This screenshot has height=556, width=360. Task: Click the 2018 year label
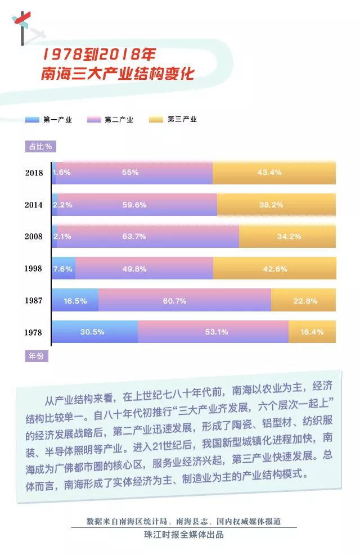[34, 173]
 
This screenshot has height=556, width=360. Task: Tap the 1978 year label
[33, 332]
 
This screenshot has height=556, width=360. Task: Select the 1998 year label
[33, 268]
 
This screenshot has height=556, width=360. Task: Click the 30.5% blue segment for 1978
[94, 332]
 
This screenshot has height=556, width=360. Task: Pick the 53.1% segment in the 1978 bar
[213, 332]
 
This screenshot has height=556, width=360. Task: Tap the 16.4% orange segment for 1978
[312, 332]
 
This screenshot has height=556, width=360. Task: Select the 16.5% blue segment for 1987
[75, 300]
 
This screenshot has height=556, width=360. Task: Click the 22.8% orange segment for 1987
[303, 300]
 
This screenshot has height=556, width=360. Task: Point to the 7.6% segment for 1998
[64, 268]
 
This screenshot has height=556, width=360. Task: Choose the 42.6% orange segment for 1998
[274, 268]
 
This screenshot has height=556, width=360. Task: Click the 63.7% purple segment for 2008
[147, 236]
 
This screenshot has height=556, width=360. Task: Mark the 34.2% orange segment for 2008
[287, 236]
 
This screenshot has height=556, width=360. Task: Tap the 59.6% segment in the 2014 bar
[137, 205]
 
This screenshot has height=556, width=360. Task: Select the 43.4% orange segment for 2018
[274, 173]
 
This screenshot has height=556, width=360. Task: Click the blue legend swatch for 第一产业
[32, 120]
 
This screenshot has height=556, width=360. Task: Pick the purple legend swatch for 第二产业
[94, 120]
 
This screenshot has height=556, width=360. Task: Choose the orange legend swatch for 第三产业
[156, 120]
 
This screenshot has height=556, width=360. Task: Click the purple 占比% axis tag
[40, 146]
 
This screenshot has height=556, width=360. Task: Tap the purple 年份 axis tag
[37, 356]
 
